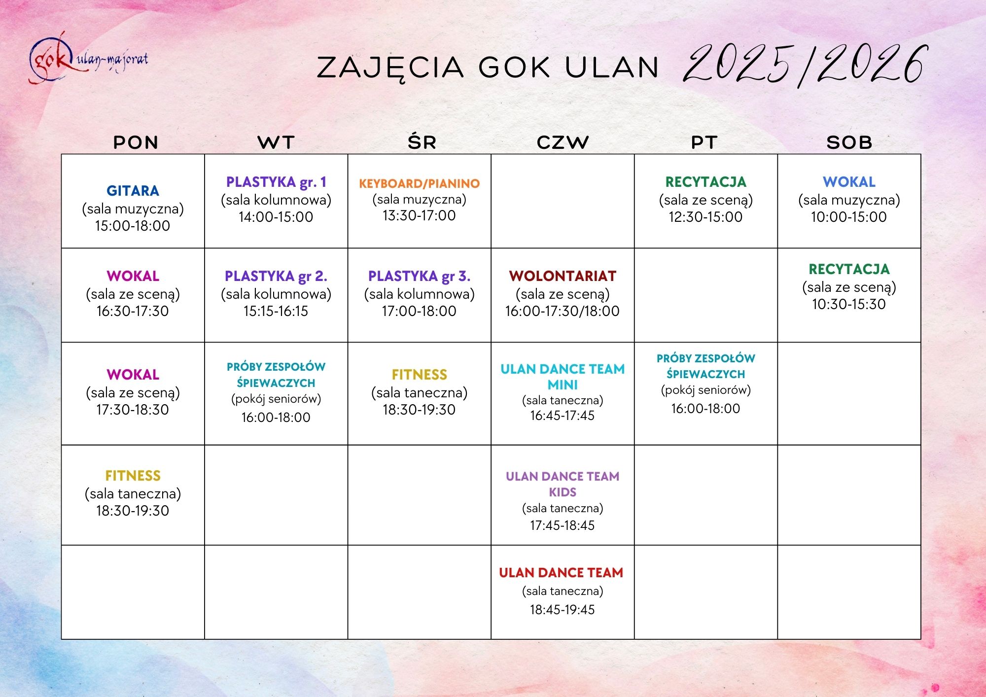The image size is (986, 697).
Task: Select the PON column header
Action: pyautogui.click(x=136, y=142)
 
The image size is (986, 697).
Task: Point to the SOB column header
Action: pyautogui.click(x=849, y=142)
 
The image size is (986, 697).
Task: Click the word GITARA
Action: pyautogui.click(x=133, y=191)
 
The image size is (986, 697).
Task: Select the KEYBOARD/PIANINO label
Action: pyautogui.click(x=419, y=183)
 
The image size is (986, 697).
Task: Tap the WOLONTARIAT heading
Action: pyautogui.click(x=563, y=276)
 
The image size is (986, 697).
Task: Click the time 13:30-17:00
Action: pyautogui.click(x=419, y=215)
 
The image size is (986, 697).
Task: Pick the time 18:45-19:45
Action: pyautogui.click(x=563, y=610)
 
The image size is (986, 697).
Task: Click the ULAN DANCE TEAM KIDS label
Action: pyautogui.click(x=563, y=484)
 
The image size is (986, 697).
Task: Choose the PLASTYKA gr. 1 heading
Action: pyautogui.click(x=276, y=182)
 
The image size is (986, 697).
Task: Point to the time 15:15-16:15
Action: pyautogui.click(x=276, y=311)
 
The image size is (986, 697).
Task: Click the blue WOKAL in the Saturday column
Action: pyautogui.click(x=849, y=182)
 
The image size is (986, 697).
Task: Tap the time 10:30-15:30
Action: pyautogui.click(x=849, y=304)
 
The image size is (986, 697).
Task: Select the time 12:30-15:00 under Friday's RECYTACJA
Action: pyautogui.click(x=705, y=217)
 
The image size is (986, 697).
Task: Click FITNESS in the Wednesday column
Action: pyautogui.click(x=419, y=375)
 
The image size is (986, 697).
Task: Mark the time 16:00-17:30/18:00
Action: pyautogui.click(x=563, y=311)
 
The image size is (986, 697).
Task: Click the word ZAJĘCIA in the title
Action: pyautogui.click(x=390, y=68)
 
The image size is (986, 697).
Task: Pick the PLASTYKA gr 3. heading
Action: pyautogui.click(x=419, y=276)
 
